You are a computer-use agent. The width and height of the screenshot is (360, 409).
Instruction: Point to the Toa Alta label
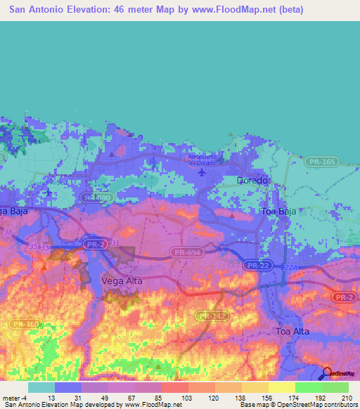click(x=293, y=331)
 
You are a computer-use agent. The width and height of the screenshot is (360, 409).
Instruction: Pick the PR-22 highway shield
click(x=255, y=265)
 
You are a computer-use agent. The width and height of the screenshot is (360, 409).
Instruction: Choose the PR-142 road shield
click(x=210, y=316)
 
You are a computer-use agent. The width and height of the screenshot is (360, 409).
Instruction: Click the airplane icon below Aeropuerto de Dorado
click(x=202, y=171)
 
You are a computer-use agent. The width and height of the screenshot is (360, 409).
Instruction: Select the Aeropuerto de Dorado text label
click(x=203, y=159)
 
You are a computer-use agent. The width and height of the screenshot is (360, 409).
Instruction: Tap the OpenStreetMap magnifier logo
click(x=326, y=374)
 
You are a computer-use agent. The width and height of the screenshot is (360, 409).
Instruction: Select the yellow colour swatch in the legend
click(x=281, y=387)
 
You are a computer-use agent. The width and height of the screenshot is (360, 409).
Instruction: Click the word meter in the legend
click(x=12, y=398)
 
